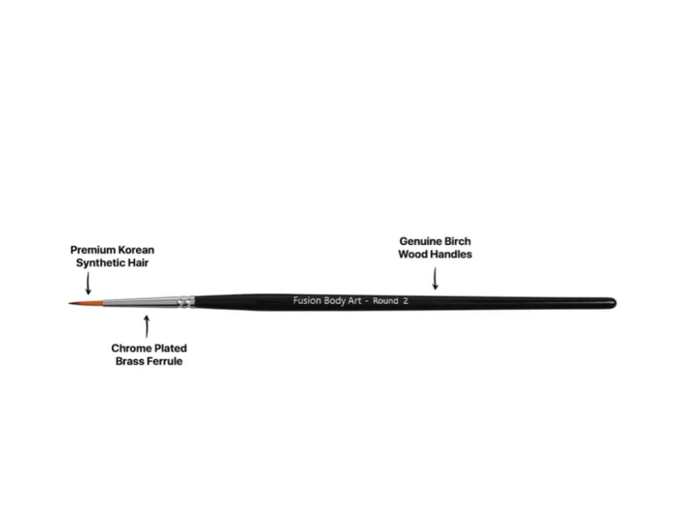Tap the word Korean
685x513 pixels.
point(136,250)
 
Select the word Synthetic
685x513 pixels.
point(101,263)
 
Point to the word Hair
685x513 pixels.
point(139,263)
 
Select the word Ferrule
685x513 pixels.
point(165,361)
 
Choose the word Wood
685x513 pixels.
point(413,254)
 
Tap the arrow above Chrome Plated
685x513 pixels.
point(146,327)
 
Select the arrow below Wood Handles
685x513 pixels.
point(435,279)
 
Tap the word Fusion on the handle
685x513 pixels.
point(306,301)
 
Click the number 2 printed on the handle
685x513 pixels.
point(405,301)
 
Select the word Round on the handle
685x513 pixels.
point(385,301)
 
